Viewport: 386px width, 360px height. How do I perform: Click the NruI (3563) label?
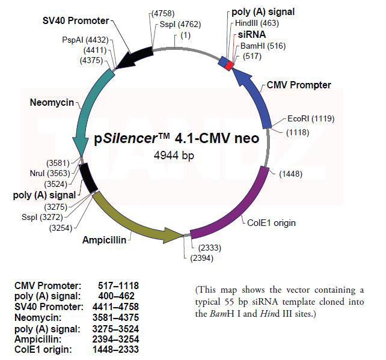pos(51,173)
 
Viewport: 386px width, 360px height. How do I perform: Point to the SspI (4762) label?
pos(180,25)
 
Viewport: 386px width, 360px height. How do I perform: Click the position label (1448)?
pos(290,174)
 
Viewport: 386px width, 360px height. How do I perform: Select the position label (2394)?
pos(201,258)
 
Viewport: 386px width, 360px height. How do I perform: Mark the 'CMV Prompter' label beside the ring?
pos(299,85)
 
